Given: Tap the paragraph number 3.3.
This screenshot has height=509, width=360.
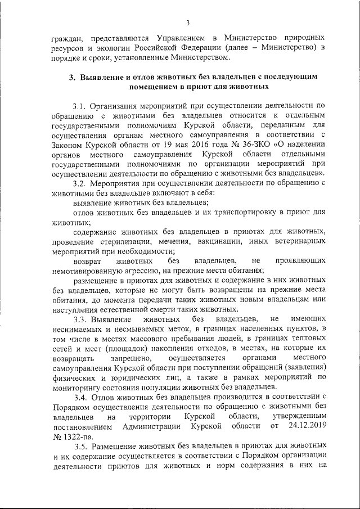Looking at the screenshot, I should pos(80,319).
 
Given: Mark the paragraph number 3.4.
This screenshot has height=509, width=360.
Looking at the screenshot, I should pos(80,397).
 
